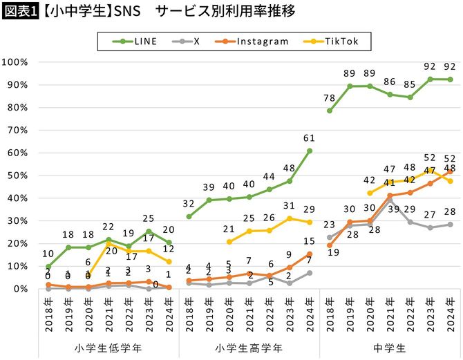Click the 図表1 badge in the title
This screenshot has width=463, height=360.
click(x=19, y=11)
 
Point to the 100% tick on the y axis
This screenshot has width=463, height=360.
click(x=15, y=62)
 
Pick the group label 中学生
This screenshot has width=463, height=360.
click(x=390, y=347)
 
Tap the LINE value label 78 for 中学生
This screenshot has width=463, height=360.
click(x=330, y=98)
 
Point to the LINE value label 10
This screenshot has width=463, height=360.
click(x=48, y=254)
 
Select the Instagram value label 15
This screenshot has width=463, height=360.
click(x=310, y=241)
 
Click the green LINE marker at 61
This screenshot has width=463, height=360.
click(x=310, y=151)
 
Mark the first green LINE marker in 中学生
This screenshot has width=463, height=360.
click(x=330, y=111)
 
